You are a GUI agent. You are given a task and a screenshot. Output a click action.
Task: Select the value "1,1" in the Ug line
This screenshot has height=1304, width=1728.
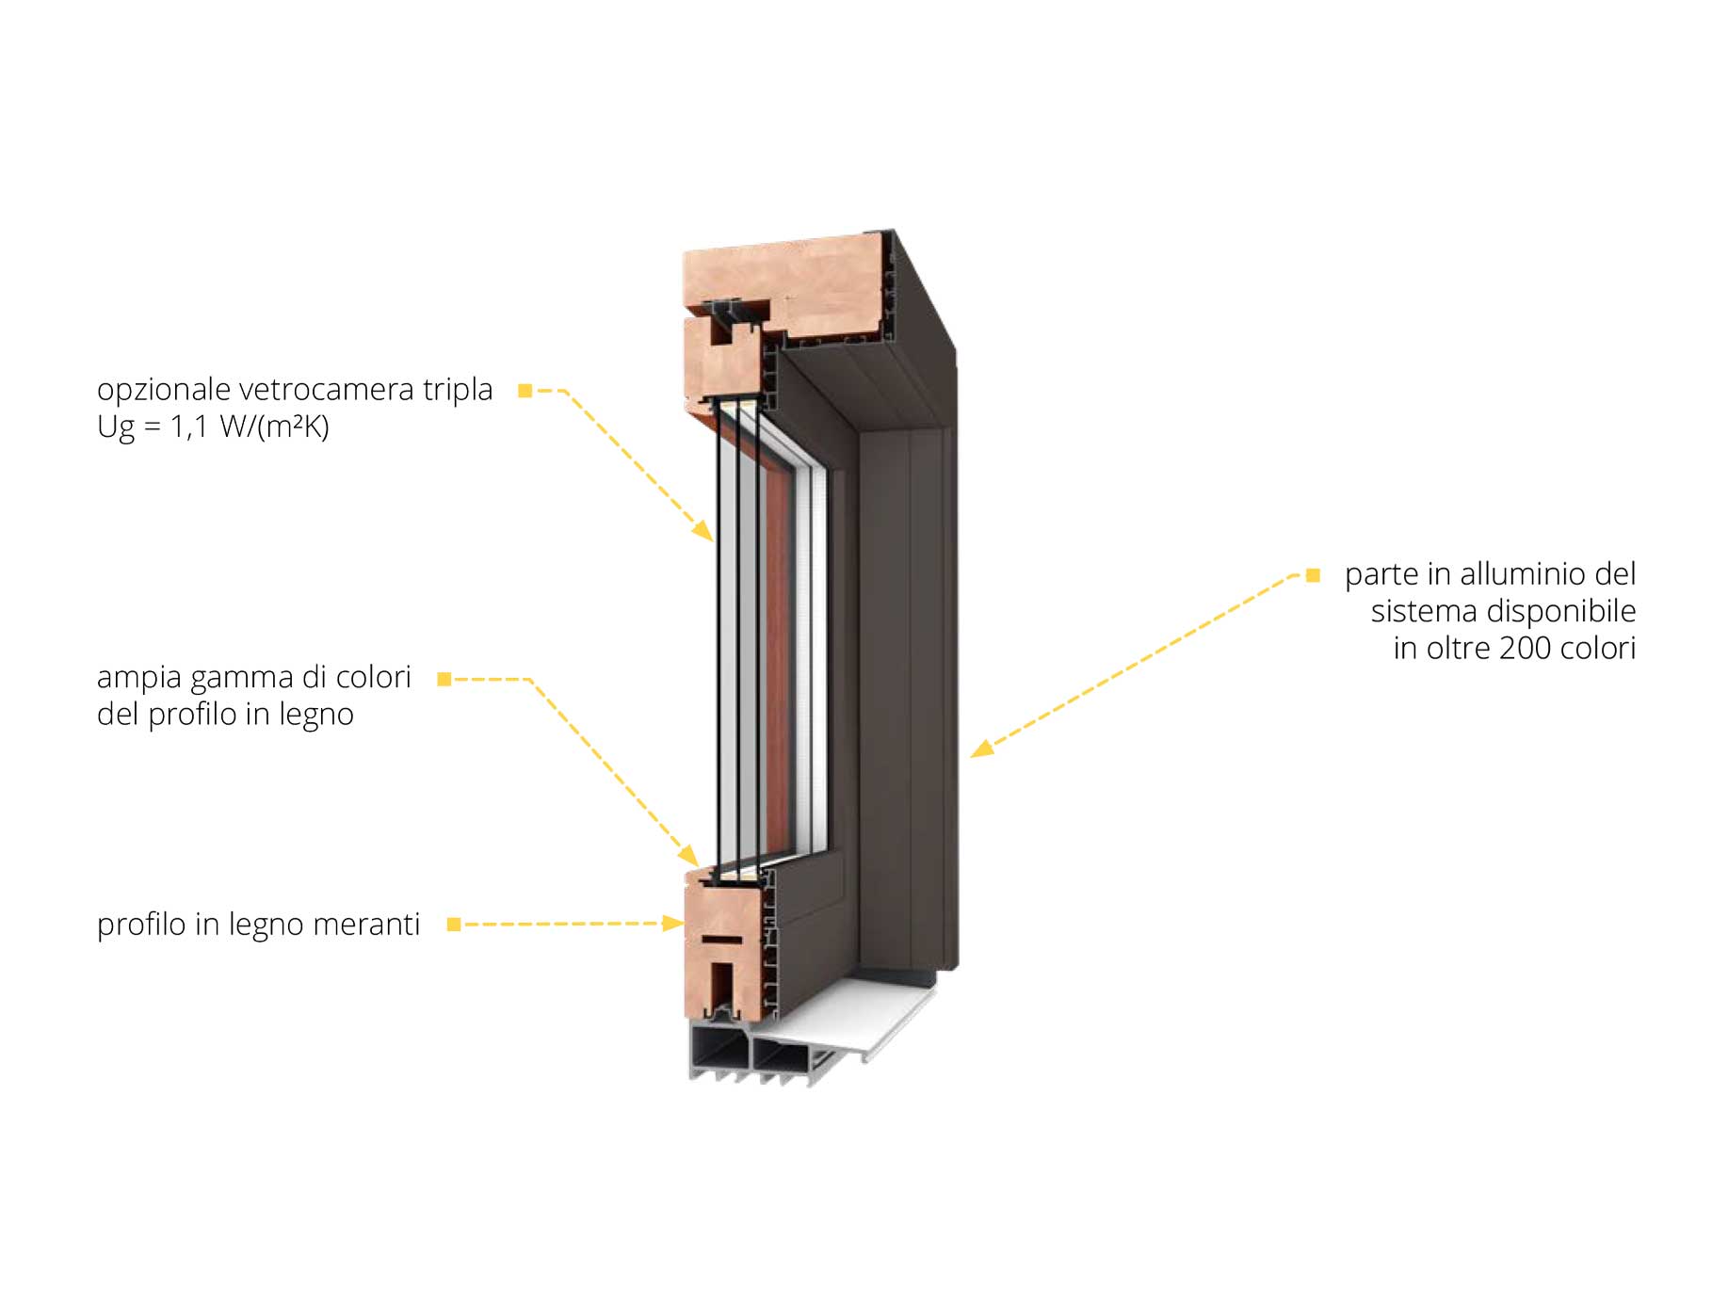188,427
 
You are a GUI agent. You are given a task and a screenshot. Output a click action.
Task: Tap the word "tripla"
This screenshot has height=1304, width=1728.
458,391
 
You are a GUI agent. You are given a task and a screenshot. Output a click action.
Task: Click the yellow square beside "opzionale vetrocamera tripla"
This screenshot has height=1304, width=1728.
525,391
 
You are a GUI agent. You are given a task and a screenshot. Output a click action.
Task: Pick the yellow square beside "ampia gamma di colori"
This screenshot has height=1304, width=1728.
444,679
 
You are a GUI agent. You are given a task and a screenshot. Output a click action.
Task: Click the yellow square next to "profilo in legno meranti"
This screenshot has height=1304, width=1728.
454,925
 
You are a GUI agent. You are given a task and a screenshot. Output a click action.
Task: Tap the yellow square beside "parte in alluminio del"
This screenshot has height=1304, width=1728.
1313,575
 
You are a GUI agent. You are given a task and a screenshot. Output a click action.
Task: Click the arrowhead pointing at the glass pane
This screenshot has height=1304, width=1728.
703,531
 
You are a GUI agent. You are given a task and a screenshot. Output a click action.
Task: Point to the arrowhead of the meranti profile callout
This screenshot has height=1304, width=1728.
672,923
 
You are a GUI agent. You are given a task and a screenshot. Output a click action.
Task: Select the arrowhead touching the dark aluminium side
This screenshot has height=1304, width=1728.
982,749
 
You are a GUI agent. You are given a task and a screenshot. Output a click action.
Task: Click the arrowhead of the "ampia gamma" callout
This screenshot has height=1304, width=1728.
688,854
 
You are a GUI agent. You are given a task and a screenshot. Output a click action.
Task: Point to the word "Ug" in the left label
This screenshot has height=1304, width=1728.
116,428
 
